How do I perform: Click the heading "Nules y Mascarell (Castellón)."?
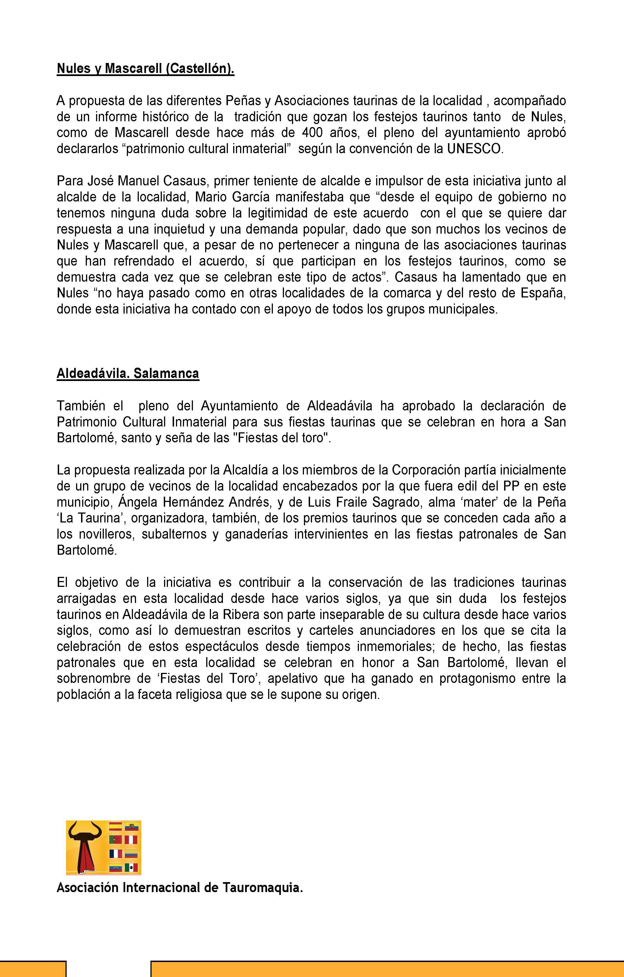[145, 69]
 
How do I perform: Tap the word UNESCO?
[475, 149]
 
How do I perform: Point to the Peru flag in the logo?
[131, 840]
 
